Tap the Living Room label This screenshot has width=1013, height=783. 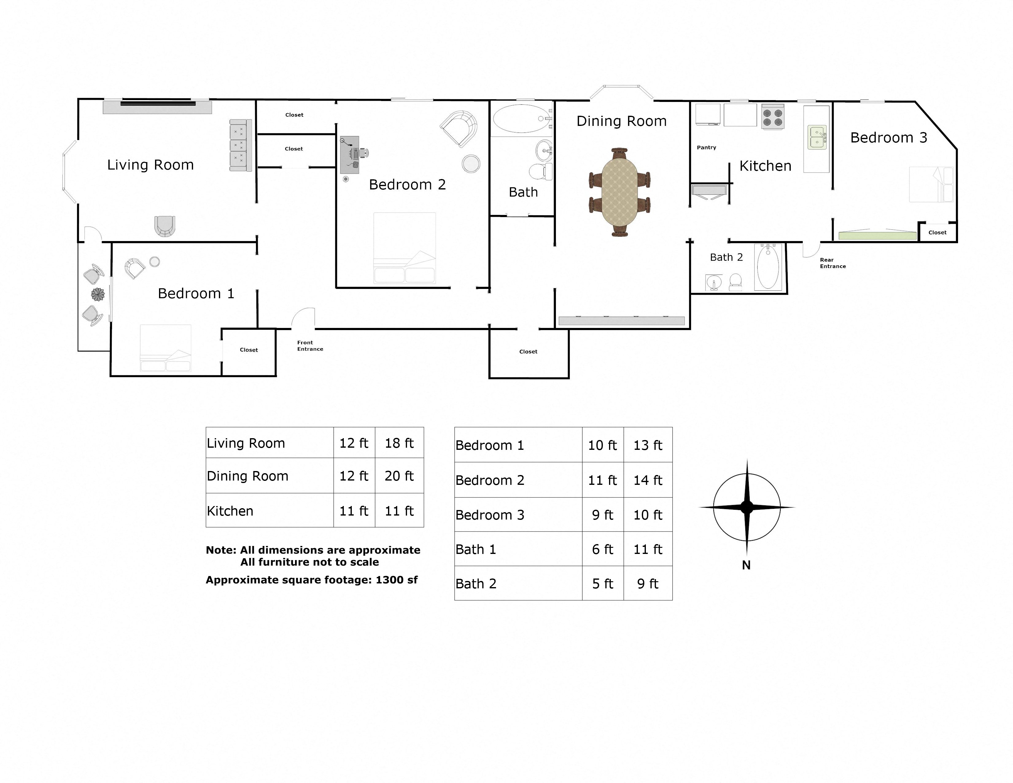click(x=150, y=165)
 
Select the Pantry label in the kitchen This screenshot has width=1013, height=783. click(x=706, y=147)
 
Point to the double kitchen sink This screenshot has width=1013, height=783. click(x=817, y=137)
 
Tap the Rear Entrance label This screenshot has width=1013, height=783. click(x=833, y=263)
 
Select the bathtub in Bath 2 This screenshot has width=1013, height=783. click(x=768, y=268)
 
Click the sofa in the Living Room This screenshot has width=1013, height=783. click(x=241, y=145)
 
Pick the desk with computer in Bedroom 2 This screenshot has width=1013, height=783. click(x=350, y=154)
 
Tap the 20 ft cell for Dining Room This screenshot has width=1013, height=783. click(x=399, y=476)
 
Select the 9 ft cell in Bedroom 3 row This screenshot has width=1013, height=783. click(x=603, y=515)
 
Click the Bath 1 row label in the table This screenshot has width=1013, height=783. click(x=476, y=550)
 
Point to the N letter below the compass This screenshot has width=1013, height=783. click(x=746, y=565)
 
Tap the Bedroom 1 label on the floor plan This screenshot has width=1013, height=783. click(x=196, y=294)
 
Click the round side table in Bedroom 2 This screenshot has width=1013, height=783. click(x=471, y=164)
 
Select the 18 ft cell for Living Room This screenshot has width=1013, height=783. click(x=399, y=443)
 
